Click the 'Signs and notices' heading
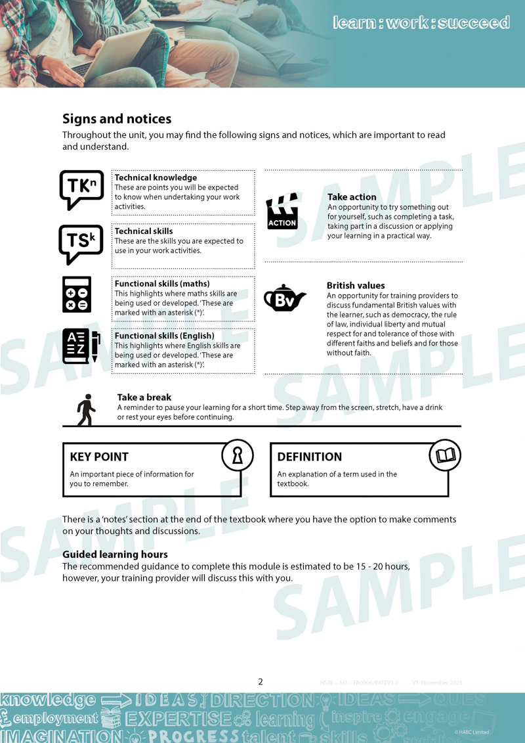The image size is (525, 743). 117,119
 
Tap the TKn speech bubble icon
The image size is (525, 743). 81,189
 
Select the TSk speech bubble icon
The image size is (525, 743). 81,244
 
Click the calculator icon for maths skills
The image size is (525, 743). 77,294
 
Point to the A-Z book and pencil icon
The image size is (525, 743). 81,346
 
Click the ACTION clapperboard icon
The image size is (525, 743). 282,212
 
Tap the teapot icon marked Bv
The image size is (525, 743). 284,299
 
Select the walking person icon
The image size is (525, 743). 86,410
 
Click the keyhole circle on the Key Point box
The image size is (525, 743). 238,455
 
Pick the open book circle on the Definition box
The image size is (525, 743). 445,455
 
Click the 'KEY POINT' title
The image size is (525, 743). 99,457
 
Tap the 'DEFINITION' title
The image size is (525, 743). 309,457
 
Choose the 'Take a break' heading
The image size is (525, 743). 144,397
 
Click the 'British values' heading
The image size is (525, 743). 356,285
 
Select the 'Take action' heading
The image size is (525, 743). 352,196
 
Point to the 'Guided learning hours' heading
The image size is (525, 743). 115,554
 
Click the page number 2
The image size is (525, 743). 261,682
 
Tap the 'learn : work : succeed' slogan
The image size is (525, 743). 421,22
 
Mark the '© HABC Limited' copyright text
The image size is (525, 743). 471,732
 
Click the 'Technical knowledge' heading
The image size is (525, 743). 156,177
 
